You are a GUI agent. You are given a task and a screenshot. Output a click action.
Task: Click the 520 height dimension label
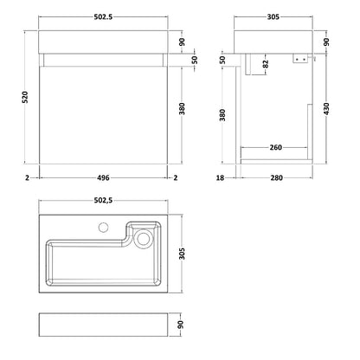tap(26, 97)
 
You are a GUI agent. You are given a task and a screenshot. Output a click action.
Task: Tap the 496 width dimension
tap(103, 178)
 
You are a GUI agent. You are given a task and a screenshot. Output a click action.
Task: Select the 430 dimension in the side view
tap(326, 109)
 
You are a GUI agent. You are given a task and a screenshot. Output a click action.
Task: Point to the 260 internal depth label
tap(275, 147)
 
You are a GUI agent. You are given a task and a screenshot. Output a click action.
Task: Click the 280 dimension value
tap(276, 178)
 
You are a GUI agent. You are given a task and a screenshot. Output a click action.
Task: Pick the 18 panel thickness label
tap(220, 178)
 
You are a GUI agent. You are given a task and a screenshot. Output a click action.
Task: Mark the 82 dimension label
tap(266, 64)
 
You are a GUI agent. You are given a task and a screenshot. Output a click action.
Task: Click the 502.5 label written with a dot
tap(103, 17)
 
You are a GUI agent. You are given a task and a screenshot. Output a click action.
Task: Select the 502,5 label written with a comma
tap(103, 200)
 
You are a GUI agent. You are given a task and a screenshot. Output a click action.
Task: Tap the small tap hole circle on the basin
tap(103, 228)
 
